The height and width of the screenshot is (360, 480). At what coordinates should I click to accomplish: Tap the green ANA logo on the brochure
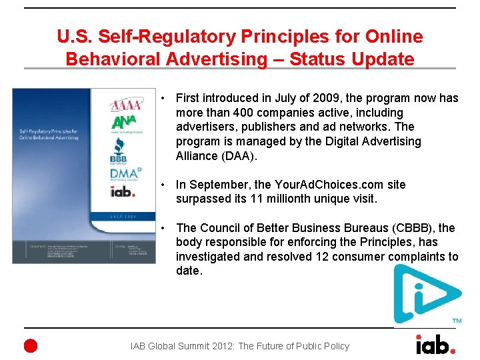[122, 125]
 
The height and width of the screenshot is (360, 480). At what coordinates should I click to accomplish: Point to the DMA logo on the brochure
[125, 175]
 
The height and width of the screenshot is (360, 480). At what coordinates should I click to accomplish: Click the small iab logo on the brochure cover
[123, 191]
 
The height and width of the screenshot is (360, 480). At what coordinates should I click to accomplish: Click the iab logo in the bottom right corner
[435, 344]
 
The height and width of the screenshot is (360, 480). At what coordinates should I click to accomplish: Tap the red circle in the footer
[31, 345]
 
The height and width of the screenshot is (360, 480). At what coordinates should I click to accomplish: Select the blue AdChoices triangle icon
[425, 293]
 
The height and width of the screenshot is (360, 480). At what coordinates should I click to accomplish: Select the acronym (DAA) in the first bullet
[238, 156]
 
